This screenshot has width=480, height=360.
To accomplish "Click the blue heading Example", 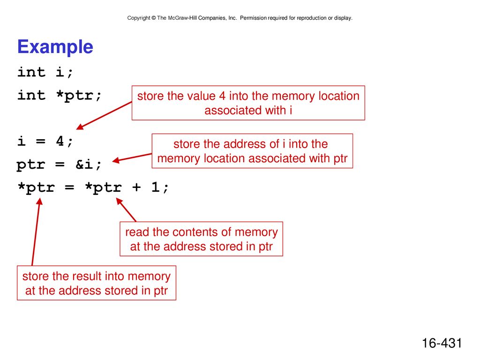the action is click(55, 47).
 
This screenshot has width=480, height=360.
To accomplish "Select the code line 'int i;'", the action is click(45, 73).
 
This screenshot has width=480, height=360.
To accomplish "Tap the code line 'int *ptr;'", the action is click(59, 96).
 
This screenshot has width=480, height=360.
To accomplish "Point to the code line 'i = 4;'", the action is click(45, 142).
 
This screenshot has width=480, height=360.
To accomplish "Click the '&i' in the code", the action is click(84, 165).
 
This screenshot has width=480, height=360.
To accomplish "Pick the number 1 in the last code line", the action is click(155, 187).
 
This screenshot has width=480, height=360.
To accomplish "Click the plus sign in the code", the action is click(136, 187).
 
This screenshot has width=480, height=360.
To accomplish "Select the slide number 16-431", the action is click(442, 343).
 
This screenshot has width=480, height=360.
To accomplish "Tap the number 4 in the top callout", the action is click(222, 96).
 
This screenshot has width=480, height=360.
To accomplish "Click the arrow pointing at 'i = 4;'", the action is click(104, 115).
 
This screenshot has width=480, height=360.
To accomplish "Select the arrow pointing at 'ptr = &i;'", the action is click(132, 157).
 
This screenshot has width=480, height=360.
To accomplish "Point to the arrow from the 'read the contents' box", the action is click(126, 210).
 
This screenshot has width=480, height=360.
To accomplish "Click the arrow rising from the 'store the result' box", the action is click(36, 232).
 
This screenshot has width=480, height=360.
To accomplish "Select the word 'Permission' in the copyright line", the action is click(253, 18).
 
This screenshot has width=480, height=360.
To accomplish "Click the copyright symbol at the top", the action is click(153, 18).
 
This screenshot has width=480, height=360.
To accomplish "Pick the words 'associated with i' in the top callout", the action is click(248, 111).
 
